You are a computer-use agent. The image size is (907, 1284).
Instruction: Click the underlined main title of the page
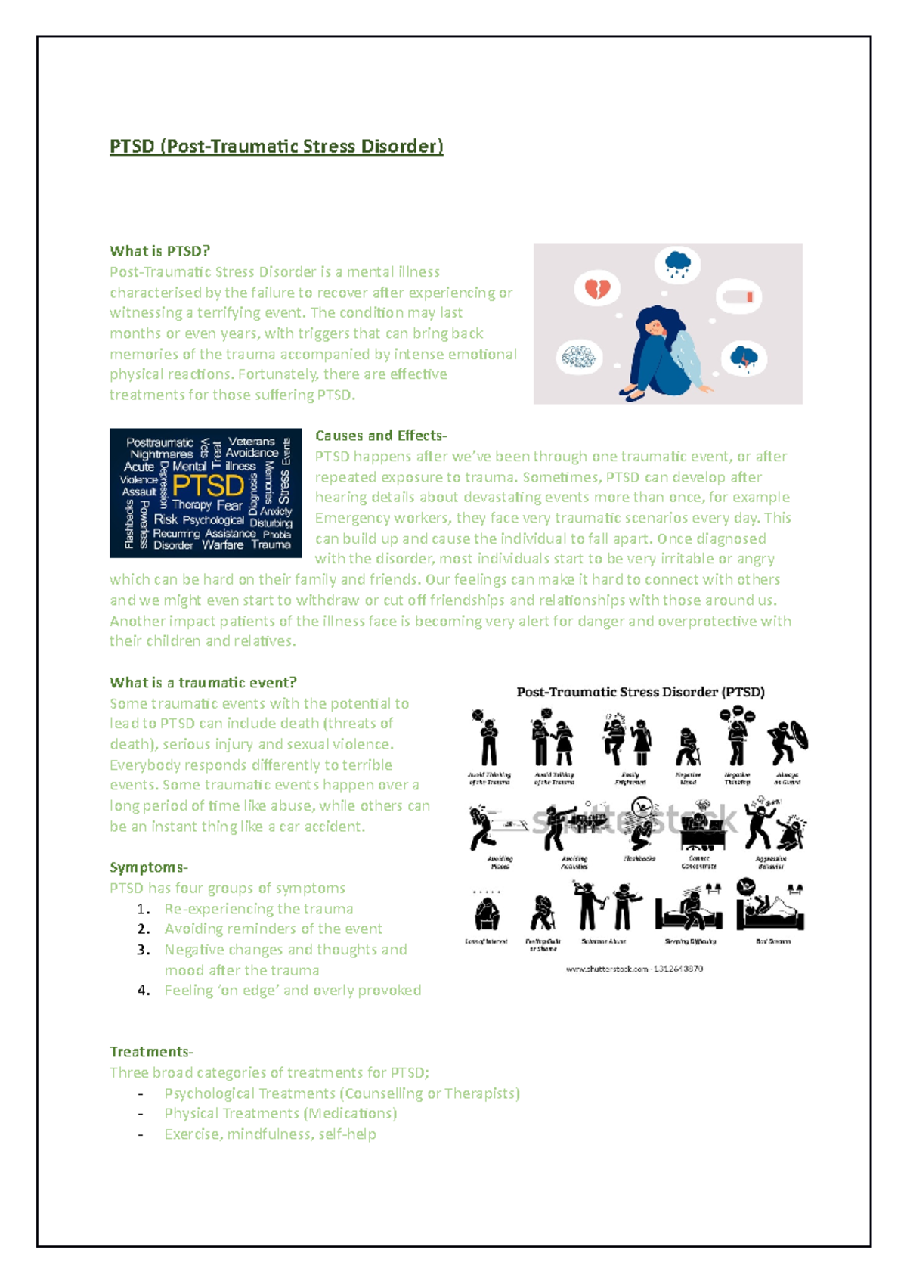(x=276, y=146)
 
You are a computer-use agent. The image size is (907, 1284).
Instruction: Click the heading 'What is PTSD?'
(x=159, y=251)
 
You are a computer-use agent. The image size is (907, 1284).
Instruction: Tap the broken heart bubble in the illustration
(x=597, y=288)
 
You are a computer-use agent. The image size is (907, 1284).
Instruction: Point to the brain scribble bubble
(x=579, y=357)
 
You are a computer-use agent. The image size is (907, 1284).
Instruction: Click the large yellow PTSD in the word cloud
(x=208, y=485)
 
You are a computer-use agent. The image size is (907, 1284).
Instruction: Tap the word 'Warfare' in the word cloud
(x=222, y=544)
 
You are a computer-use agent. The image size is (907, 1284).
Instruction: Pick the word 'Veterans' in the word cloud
(x=252, y=441)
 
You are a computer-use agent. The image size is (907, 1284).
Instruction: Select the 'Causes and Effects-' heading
(x=381, y=436)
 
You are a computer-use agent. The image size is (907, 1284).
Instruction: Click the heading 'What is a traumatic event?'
(x=203, y=682)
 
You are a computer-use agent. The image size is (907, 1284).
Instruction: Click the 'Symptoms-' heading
(x=148, y=867)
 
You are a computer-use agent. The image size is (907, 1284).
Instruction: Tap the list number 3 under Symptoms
(x=144, y=950)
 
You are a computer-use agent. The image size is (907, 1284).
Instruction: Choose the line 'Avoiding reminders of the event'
(x=273, y=929)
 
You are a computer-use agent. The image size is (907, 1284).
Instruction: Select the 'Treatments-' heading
(x=151, y=1052)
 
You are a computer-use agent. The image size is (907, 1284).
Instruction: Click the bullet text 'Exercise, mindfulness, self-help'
(x=270, y=1134)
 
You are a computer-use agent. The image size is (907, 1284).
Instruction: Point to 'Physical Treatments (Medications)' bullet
(x=280, y=1113)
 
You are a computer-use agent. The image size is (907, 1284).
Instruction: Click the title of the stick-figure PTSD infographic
(x=640, y=692)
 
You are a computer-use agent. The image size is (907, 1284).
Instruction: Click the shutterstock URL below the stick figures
(x=634, y=969)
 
